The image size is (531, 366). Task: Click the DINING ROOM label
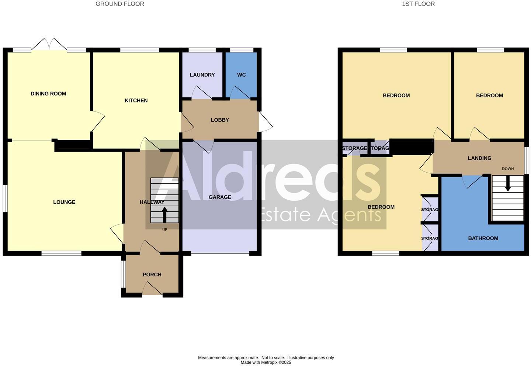pos(48,94)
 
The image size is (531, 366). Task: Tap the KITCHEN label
pos(136,100)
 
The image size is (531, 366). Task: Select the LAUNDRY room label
pos(202,75)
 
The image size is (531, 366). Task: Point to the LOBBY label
pos(220,120)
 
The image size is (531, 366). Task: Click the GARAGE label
pos(220,197)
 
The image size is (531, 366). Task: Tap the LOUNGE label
pos(64,202)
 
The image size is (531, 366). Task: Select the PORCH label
pos(152,274)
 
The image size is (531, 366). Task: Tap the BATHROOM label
pos(483,238)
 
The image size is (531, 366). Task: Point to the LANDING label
pos(479,158)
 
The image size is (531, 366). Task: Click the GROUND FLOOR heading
pos(120,4)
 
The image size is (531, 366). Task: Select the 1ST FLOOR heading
pos(418,4)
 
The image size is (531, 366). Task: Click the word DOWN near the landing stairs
pos(508,169)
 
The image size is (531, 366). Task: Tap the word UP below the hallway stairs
pos(164,229)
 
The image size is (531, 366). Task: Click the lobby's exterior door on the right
pos(265,121)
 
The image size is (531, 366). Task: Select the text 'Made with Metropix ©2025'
pos(266,362)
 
